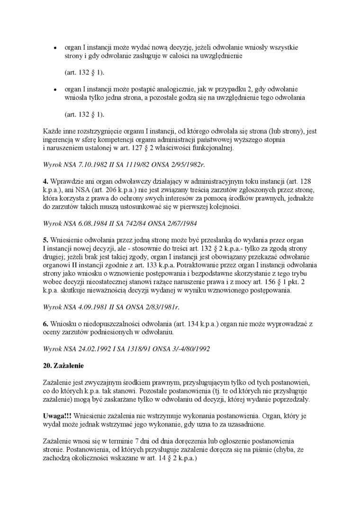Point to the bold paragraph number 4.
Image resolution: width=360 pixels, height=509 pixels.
[x=45, y=181]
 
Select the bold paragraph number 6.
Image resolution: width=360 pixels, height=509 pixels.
[x=45, y=323]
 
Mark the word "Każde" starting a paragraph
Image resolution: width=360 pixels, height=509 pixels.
[x=53, y=132]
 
